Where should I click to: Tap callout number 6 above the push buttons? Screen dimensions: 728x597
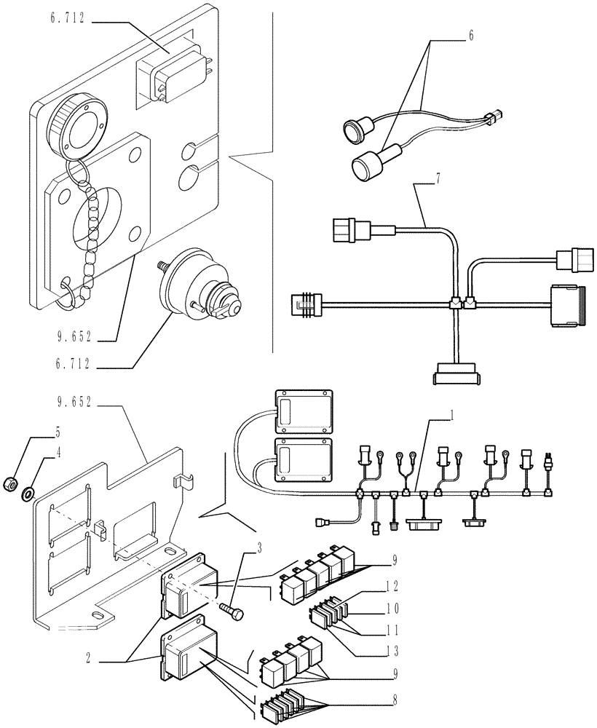pyautogui.click(x=471, y=35)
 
